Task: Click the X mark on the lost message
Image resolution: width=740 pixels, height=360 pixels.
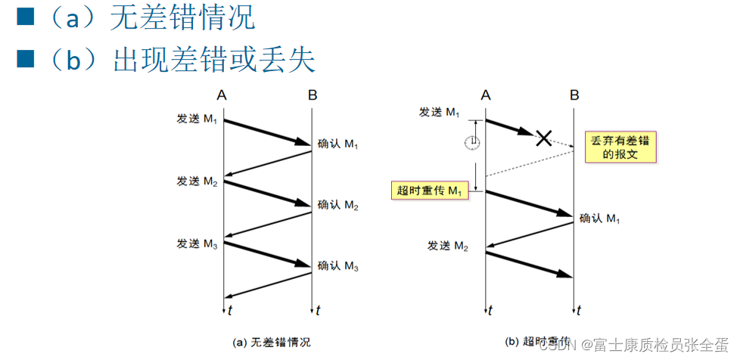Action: click(543, 138)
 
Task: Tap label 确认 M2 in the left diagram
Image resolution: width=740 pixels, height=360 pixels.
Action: click(337, 205)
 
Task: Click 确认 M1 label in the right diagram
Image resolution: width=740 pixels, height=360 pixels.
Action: click(600, 219)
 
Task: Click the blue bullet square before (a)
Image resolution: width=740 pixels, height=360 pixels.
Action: click(26, 17)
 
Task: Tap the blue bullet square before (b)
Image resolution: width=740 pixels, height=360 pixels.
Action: click(26, 58)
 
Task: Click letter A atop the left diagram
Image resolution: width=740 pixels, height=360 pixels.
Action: click(221, 95)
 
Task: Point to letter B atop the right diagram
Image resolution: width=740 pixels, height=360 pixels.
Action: click(574, 95)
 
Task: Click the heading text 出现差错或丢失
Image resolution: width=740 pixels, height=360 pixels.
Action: click(214, 60)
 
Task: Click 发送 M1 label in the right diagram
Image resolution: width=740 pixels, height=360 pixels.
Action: click(440, 112)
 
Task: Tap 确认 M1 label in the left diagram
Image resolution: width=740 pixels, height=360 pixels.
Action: click(337, 144)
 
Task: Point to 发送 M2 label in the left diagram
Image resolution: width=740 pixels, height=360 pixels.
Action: click(197, 182)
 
